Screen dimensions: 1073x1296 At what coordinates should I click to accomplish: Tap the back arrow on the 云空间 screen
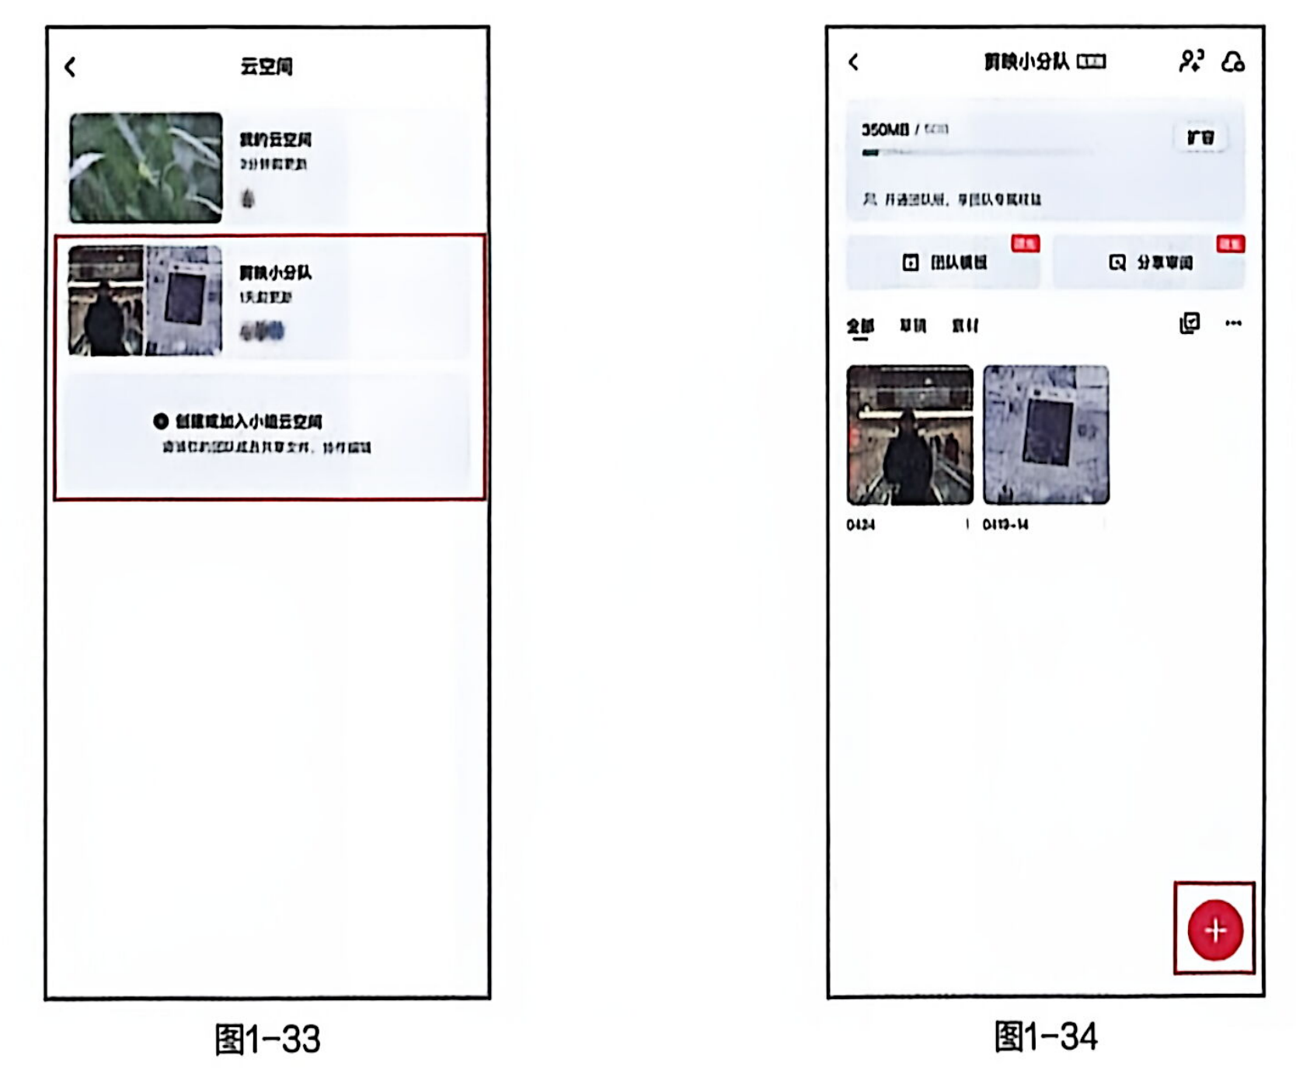coord(71,68)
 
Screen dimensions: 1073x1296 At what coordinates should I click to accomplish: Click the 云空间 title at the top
coord(266,67)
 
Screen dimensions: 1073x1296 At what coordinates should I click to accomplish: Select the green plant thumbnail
coord(145,168)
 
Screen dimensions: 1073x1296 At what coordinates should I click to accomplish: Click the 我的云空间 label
coord(275,140)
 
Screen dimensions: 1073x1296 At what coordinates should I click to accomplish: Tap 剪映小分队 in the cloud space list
coord(275,273)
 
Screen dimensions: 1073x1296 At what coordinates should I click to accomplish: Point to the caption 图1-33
coord(267,1039)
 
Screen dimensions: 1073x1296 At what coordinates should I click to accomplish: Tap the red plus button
coord(1215,930)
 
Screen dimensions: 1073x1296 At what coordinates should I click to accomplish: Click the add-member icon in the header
coord(1190,61)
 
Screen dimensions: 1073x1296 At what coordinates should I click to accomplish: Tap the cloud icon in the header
coord(1233,61)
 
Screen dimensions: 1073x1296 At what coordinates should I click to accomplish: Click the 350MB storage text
coord(885,130)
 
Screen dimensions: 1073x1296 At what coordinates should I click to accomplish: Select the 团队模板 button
coord(945,262)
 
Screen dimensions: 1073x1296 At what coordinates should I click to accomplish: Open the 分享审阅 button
coord(1151,262)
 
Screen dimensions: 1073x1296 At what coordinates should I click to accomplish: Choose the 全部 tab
coord(860,326)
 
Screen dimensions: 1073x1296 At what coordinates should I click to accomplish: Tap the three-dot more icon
coord(1233,323)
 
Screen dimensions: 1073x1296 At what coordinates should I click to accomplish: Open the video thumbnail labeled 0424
coord(909,435)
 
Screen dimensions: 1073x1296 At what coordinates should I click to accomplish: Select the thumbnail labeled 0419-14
coord(1046,435)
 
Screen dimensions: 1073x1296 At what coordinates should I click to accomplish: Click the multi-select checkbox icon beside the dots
coord(1190,323)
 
